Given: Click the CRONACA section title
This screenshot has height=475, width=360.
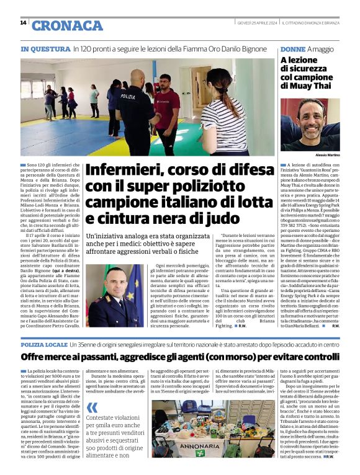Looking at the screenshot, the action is coord(66,25).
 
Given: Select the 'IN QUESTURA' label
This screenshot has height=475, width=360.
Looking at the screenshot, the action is coord(45,48).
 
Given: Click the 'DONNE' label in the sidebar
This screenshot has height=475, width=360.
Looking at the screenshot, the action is coord(292,48).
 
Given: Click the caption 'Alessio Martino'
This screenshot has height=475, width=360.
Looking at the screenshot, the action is coord(327,154).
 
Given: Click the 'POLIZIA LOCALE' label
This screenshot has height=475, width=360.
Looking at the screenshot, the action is coord(44,344).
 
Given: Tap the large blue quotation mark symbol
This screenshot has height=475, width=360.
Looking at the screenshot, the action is coord(92,407).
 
